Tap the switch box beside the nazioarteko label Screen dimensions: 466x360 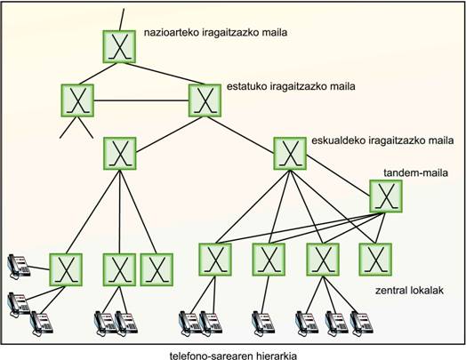tap(119, 46)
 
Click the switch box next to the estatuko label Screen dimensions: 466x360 tap(205, 100)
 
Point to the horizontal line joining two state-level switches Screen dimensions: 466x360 tap(141, 100)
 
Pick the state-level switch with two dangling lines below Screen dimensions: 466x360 tap(77, 100)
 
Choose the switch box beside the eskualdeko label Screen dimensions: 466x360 tap(290, 153)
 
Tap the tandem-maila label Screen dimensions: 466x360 tap(415, 172)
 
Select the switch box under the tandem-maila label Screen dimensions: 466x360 tap(386, 196)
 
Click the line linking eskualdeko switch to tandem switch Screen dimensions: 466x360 tap(338, 176)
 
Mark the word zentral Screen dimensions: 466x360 tap(391, 290)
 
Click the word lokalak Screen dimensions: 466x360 tap(427, 290)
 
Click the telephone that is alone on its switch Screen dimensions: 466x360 tap(262, 324)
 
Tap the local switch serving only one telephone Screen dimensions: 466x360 tap(269, 260)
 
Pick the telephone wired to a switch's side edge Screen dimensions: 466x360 tap(19, 266)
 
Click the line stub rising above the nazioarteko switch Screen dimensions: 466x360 tap(122, 20)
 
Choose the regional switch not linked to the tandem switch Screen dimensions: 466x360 tap(120, 153)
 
